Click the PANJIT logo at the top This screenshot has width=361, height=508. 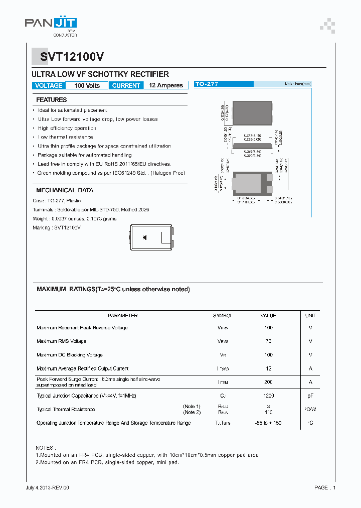pyautogui.click(x=51, y=24)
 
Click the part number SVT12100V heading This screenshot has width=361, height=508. pyautogui.click(x=69, y=57)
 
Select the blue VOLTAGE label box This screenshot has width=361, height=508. pyautogui.click(x=49, y=85)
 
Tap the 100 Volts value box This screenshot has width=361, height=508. pyautogui.click(x=87, y=85)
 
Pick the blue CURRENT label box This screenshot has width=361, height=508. pyautogui.click(x=126, y=85)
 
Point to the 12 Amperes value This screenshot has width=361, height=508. pyautogui.click(x=166, y=85)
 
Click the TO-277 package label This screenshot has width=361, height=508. pyautogui.click(x=207, y=84)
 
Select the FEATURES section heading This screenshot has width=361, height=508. pyautogui.click(x=51, y=100)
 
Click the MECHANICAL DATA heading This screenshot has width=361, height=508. pyautogui.click(x=65, y=190)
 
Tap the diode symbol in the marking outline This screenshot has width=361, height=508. pyautogui.click(x=144, y=237)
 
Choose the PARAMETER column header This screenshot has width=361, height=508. pyautogui.click(x=122, y=316)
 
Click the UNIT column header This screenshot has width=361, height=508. pyautogui.click(x=310, y=316)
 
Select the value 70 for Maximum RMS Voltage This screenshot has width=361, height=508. pyautogui.click(x=268, y=341)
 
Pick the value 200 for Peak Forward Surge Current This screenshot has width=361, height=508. pyautogui.click(x=268, y=382)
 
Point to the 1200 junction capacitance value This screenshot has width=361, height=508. pyautogui.click(x=268, y=396)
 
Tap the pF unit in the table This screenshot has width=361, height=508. pyautogui.click(x=310, y=396)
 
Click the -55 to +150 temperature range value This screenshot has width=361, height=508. pyautogui.click(x=268, y=423)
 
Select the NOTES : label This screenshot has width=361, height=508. pyautogui.click(x=46, y=447)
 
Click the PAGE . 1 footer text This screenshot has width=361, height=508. pyautogui.click(x=325, y=487)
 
